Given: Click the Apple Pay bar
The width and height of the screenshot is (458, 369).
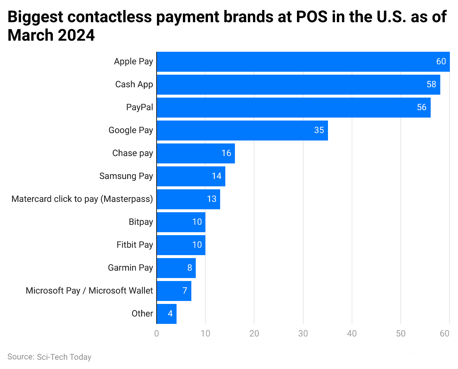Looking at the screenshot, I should coord(303,62).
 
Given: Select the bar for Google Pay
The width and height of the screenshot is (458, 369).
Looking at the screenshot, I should coord(242,131).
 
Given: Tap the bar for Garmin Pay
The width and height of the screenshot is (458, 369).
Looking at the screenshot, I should coord(176,268).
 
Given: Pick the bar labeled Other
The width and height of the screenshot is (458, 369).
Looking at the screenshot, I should coord(167,314).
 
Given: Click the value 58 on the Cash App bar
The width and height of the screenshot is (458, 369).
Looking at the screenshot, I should coord(431,84).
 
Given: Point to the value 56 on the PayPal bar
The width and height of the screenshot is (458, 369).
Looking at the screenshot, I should coord(421,107).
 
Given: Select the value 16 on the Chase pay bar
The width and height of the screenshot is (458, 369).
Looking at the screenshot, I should coord(226,153).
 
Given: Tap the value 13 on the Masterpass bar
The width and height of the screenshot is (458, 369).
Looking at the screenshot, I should coord(211,199).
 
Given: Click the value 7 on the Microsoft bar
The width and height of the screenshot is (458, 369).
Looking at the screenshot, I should coord(185,291).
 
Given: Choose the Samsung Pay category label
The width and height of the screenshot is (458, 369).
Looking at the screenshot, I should coord(126,176).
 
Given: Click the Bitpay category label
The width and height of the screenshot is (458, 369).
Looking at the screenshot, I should coord(141,222).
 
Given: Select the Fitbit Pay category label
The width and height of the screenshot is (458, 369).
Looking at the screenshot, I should coord(134,245).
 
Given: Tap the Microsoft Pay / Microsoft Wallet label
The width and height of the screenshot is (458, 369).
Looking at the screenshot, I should coord(89,291).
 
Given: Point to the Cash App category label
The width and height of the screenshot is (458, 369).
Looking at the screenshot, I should coord(134,84).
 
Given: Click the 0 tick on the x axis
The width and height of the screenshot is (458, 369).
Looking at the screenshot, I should coord(157,334).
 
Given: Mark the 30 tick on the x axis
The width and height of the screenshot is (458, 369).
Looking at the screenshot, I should coord(303,334).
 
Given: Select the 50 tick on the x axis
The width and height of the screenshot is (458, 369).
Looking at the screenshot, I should coord(400,334).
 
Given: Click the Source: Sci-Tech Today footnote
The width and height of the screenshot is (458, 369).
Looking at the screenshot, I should coord(49,357).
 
